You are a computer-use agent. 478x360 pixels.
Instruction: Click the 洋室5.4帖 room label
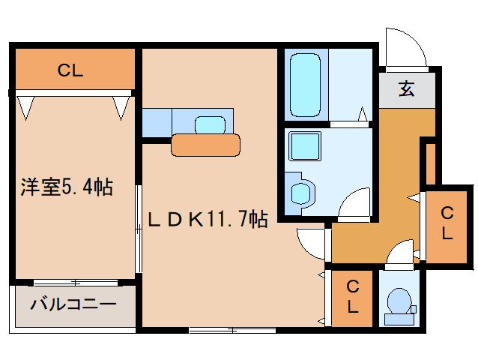[67, 187]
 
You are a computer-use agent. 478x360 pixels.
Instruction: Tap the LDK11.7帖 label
[208, 219]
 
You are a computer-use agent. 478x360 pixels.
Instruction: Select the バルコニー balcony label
[73, 304]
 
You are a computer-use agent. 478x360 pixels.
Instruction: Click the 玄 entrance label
[406, 88]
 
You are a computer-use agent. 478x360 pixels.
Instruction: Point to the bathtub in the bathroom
[305, 85]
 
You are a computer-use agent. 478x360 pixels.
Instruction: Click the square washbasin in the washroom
[305, 146]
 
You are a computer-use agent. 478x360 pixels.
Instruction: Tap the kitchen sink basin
[210, 125]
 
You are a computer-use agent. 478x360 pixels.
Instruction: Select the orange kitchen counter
[205, 145]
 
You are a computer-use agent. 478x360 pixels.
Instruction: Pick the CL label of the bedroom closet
[70, 70]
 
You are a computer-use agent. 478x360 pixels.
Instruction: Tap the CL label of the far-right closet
[447, 223]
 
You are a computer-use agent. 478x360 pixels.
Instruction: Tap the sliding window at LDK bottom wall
[232, 330]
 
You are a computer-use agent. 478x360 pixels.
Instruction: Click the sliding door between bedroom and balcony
[76, 283]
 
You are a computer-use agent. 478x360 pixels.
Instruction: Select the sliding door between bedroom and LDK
[139, 229]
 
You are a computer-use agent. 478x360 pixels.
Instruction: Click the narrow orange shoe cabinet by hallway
[431, 163]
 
